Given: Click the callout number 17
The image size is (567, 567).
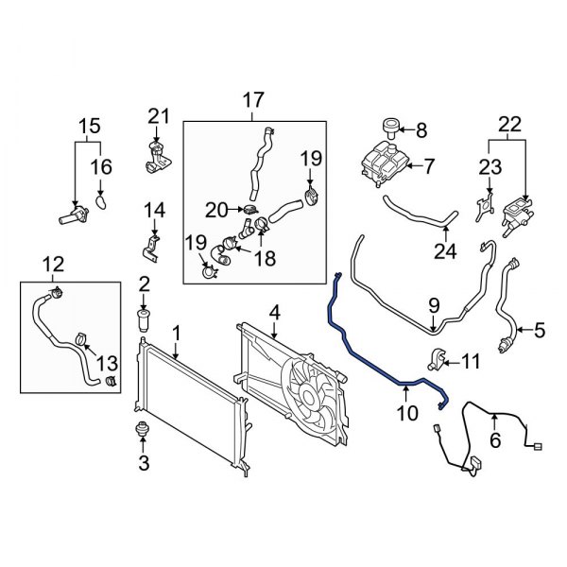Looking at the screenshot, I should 253,99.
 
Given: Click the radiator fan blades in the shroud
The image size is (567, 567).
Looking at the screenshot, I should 307,393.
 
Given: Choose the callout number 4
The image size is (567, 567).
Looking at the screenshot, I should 274,312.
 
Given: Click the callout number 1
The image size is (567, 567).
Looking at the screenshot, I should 177,333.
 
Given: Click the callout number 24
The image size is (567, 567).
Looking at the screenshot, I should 444,252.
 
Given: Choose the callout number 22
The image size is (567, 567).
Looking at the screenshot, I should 509,123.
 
